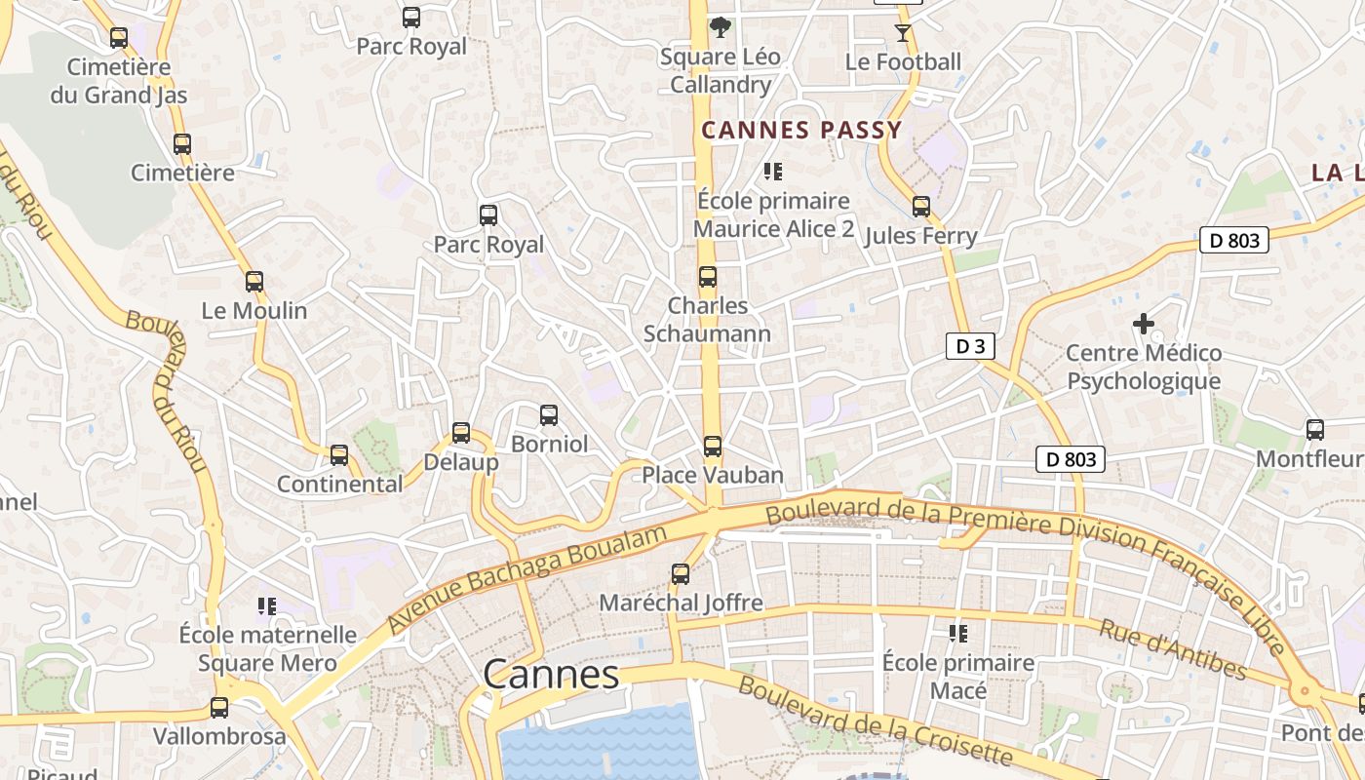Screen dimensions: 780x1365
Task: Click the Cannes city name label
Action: [x=551, y=674]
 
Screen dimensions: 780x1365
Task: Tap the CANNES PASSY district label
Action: [x=801, y=130]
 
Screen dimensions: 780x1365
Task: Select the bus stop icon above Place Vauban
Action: [x=713, y=447]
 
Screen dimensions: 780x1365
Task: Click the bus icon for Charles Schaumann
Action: [x=708, y=277]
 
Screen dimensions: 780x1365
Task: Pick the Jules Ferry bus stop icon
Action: [x=920, y=207]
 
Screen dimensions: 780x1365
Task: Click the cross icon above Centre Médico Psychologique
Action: [x=1144, y=324]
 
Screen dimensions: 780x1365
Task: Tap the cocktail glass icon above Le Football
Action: [x=903, y=33]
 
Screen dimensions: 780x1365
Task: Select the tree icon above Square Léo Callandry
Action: [x=721, y=27]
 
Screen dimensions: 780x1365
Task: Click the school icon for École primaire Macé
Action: [x=958, y=634]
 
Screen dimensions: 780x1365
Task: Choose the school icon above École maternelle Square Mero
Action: [x=267, y=606]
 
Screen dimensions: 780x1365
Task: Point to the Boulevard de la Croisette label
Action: [x=875, y=721]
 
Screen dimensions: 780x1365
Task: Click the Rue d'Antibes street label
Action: [x=1173, y=648]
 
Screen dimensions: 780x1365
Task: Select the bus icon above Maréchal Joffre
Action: [x=681, y=574]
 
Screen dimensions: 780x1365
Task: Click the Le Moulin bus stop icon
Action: [x=254, y=282]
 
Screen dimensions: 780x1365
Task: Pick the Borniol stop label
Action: [x=550, y=445]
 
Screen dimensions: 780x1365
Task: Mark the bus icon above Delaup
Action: [x=461, y=433]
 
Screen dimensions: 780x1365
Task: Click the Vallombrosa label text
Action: [x=219, y=736]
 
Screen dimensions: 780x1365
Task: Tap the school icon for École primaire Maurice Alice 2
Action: [x=773, y=173]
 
